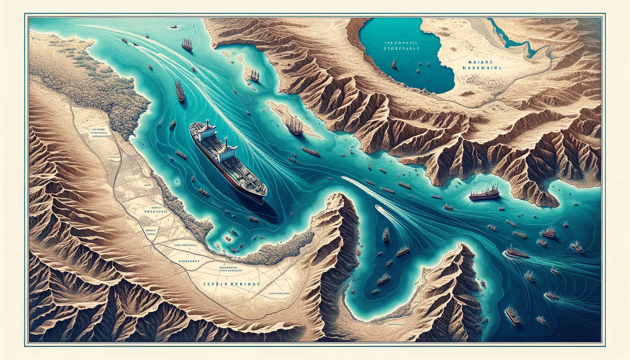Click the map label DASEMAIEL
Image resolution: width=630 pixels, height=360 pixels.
click(x=482, y=69)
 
